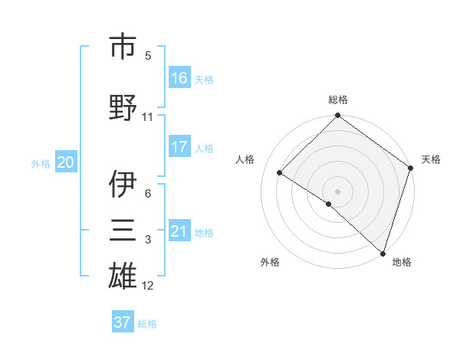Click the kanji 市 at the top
click(123, 47)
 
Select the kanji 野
click(123, 107)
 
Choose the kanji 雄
click(123, 277)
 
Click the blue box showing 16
click(179, 78)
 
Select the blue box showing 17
click(179, 147)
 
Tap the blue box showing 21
click(179, 231)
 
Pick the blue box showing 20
click(66, 162)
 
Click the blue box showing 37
click(123, 322)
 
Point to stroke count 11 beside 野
click(148, 117)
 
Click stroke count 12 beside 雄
click(148, 286)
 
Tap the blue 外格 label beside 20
click(41, 163)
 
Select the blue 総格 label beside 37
click(147, 324)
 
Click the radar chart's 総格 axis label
click(338, 100)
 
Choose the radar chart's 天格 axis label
click(431, 159)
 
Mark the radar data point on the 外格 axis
click(329, 204)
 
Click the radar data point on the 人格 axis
click(280, 173)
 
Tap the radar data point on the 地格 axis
click(383, 253)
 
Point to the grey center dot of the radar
click(337, 191)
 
